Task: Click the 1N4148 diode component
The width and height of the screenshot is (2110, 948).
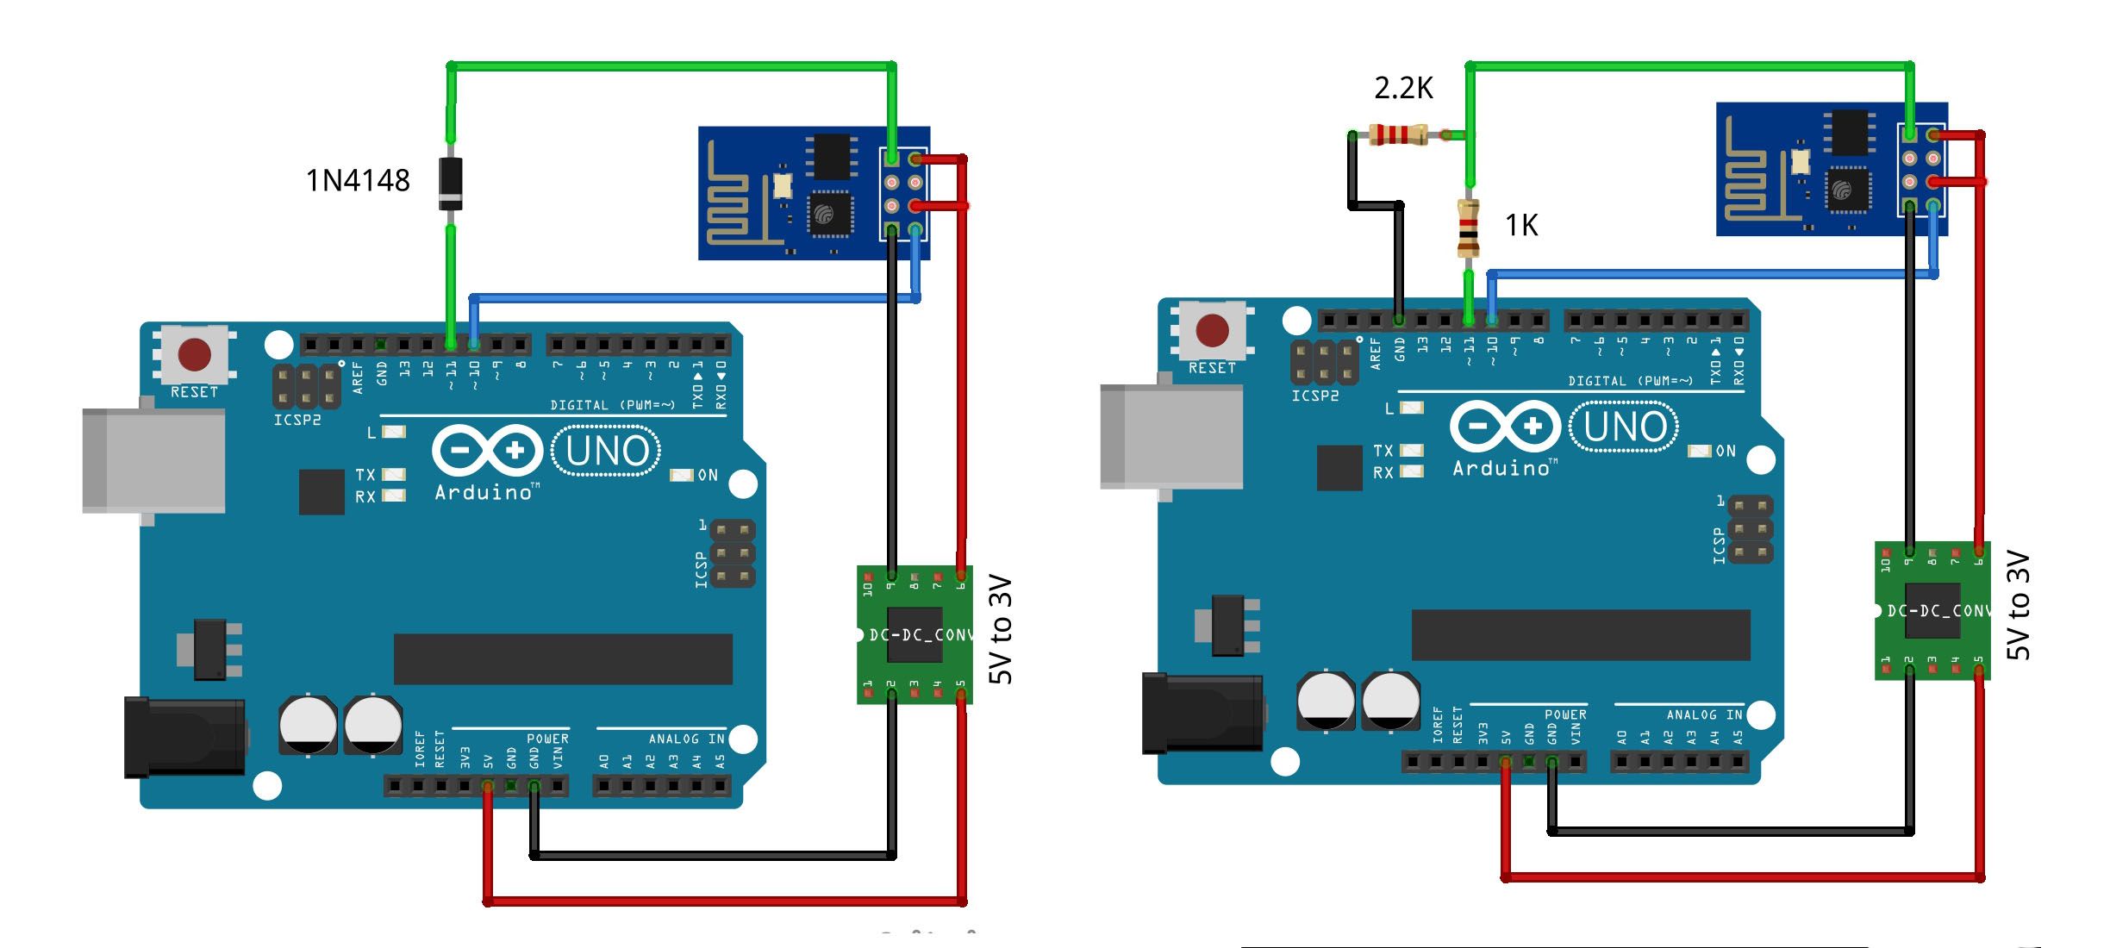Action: click(x=450, y=183)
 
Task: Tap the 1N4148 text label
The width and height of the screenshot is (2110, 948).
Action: click(x=358, y=181)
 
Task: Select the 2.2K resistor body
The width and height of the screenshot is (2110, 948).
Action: click(x=1398, y=134)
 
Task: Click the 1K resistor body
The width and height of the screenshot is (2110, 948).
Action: click(x=1468, y=228)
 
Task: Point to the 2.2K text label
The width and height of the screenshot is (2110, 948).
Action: click(x=1403, y=88)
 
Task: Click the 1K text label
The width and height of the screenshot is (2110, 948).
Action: click(x=1521, y=226)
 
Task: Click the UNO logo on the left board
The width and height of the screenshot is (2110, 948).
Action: click(x=607, y=451)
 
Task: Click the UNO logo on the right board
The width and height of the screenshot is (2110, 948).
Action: click(x=1625, y=427)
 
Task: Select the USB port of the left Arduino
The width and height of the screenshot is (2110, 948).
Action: click(x=153, y=461)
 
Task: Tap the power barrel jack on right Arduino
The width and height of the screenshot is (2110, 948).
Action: click(x=1202, y=714)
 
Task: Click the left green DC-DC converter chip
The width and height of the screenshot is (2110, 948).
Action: click(x=915, y=635)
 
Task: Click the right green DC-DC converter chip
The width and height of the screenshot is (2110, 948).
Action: click(x=1932, y=611)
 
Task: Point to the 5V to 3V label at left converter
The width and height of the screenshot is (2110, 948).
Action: click(x=1000, y=629)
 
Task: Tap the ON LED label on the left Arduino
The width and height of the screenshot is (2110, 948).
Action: click(x=707, y=476)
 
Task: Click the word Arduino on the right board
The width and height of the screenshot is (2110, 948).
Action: click(x=1501, y=469)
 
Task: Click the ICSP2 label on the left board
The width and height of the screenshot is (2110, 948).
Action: click(x=297, y=421)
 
